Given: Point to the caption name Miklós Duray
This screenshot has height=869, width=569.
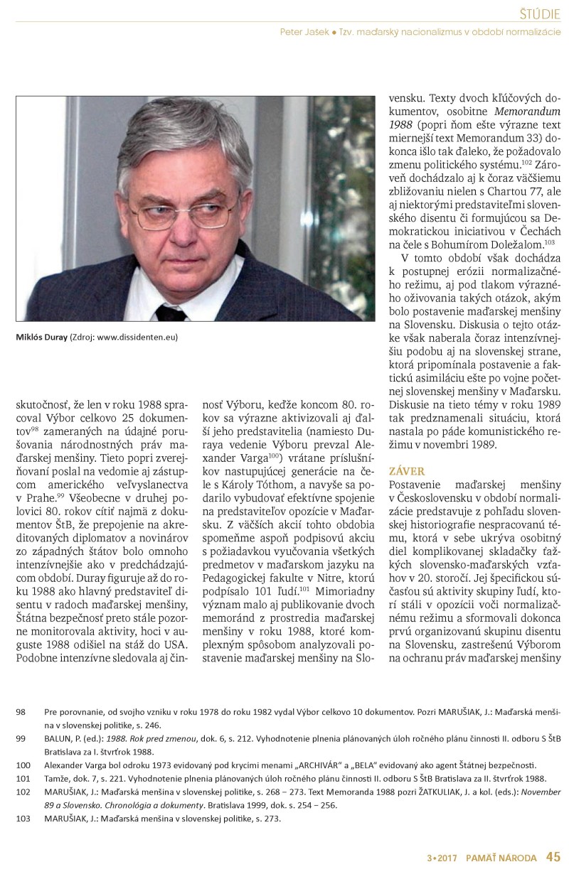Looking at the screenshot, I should [40, 337].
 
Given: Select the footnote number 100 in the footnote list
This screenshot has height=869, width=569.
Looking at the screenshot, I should [23, 765].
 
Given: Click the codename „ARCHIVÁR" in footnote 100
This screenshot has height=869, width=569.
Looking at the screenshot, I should [324, 765].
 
